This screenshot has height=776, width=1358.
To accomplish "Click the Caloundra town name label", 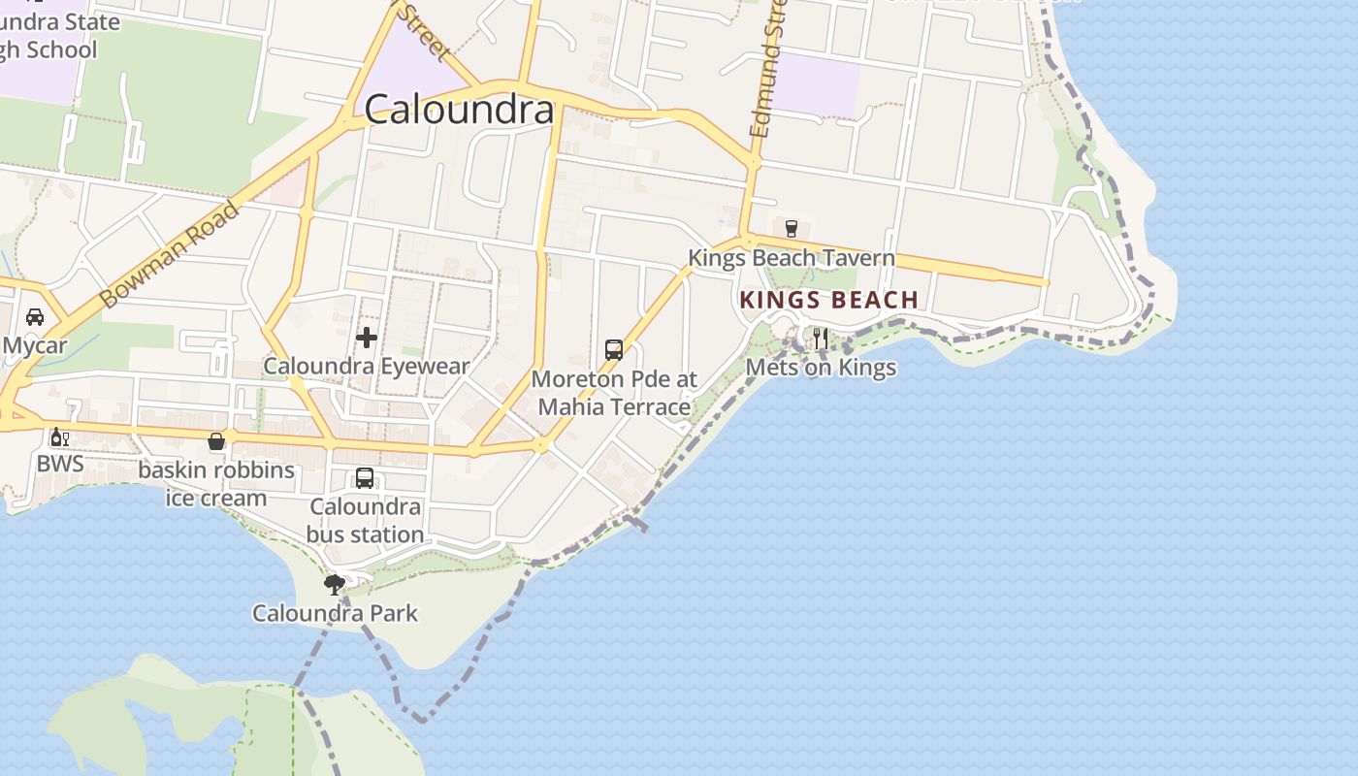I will coord(459,110).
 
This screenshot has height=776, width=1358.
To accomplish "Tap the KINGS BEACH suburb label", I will coord(828,300).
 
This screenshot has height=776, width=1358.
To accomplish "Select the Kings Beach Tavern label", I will coord(791,258).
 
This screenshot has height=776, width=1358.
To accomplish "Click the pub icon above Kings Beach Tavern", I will coord(792,229).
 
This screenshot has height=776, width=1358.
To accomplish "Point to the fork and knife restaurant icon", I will coord(821,339).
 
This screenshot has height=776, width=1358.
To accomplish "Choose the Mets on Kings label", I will coord(821,368).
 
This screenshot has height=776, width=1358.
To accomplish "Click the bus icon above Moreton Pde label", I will coord(614,350).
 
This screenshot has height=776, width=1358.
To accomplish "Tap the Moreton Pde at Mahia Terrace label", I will coord(614,393).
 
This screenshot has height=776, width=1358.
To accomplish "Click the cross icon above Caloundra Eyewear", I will coord(367,338).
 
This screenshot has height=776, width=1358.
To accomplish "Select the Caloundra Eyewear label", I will coord(367,367).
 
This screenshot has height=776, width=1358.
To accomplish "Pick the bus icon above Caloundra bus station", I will coord(365,478).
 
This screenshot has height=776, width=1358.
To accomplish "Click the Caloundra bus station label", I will coord(365,521).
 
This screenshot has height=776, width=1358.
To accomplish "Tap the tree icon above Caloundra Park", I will coord(335,584).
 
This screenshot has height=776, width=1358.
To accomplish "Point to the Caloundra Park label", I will coord(335,613).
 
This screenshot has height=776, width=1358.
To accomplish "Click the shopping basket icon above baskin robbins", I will coord(216,442).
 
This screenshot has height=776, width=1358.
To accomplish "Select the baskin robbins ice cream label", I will coord(216,484).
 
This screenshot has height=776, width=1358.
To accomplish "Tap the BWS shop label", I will coord(60,464).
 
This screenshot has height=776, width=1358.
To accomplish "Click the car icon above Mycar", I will coord(35,317).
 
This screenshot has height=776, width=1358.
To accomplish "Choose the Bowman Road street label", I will coord(169,255).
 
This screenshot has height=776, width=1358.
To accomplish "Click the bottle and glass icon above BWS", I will coord(59,437).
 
